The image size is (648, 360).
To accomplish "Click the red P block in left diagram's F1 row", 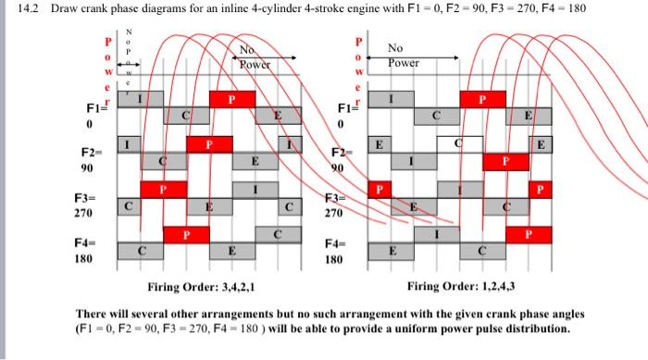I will click(232, 99).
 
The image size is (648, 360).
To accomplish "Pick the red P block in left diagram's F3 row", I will click(164, 189).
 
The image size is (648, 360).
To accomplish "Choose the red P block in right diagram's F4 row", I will click(528, 234).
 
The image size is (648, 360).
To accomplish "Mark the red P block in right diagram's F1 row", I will click(482, 99).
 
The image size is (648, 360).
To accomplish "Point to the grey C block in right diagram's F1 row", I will click(438, 116).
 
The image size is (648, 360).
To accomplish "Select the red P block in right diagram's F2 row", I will click(505, 159).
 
